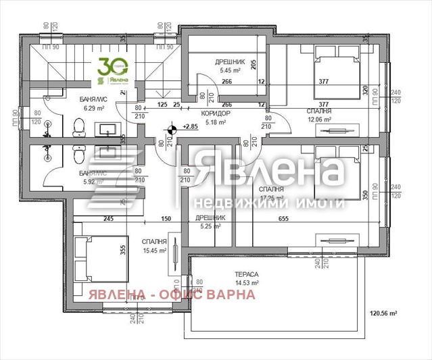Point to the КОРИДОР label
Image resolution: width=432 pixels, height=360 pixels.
coord(215,113)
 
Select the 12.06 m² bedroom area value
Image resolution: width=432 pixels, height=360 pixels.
coord(320,120)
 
